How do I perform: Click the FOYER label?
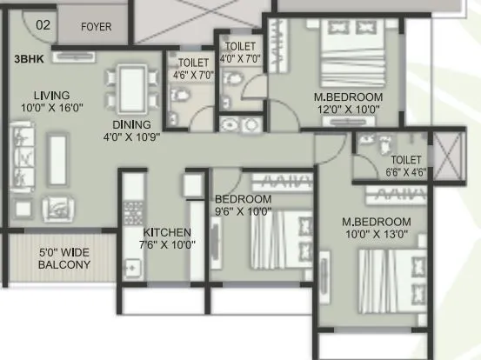[x=96, y=26]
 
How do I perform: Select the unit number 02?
[x=43, y=25]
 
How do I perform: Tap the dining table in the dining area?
[x=132, y=88]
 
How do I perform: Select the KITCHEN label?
[x=167, y=232]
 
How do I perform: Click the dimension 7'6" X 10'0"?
[x=169, y=245]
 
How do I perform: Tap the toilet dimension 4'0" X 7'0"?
[x=239, y=58]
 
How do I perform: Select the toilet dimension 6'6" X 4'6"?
[x=406, y=171]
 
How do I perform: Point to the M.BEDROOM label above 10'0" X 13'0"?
[x=376, y=222]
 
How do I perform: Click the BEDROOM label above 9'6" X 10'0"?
[x=243, y=199]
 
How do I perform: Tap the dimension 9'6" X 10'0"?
[x=243, y=211]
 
